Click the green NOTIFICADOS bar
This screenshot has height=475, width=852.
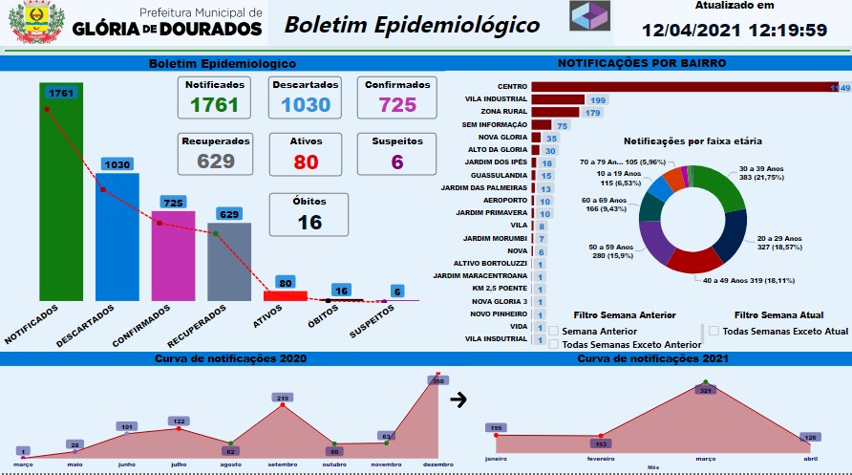pyautogui.click(x=62, y=201)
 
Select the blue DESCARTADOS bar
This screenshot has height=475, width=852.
pyautogui.click(x=117, y=239)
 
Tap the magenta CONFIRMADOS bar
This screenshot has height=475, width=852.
pyautogui.click(x=173, y=256)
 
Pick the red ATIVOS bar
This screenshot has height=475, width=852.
pyautogui.click(x=285, y=295)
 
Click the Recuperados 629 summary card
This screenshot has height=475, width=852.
pyautogui.click(x=217, y=152)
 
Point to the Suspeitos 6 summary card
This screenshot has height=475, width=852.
pyautogui.click(x=395, y=152)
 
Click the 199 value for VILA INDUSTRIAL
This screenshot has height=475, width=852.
pyautogui.click(x=599, y=100)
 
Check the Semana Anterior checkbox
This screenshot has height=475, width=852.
pyautogui.click(x=554, y=332)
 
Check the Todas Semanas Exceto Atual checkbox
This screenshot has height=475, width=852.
pyautogui.click(x=714, y=331)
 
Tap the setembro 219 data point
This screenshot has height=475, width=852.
pyautogui.click(x=283, y=405)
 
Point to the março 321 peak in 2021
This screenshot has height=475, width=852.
pyautogui.click(x=706, y=383)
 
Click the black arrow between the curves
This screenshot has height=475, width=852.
pyautogui.click(x=458, y=399)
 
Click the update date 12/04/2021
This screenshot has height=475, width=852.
pyautogui.click(x=681, y=30)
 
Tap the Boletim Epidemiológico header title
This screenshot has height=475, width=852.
pyautogui.click(x=412, y=25)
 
